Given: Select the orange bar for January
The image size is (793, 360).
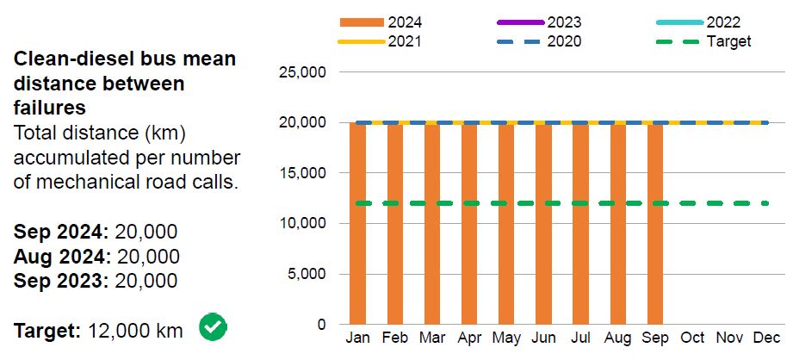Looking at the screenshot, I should point(357,224).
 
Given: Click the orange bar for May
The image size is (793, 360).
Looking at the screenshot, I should point(506,224).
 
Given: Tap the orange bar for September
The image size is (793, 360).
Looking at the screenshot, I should point(655,224).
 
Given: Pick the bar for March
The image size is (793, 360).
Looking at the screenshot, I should point(431,224).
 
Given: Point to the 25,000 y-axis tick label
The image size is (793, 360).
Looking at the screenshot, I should point(302,72).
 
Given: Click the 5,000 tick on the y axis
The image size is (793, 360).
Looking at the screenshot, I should point(307,275).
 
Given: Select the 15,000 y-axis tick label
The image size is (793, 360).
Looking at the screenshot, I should point(302,173).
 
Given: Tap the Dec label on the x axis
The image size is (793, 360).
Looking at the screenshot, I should point(767,338).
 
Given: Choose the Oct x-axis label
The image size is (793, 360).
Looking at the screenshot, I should point(693,338).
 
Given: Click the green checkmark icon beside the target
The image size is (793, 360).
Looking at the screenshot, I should point(213,327).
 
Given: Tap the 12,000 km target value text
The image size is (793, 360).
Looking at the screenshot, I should point(135,331).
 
